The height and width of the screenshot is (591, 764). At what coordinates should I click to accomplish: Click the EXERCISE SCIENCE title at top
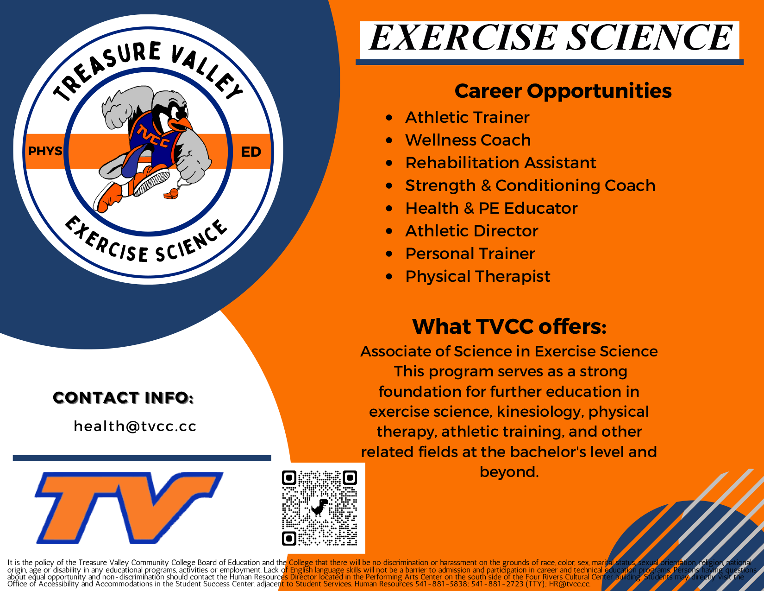click(550, 38)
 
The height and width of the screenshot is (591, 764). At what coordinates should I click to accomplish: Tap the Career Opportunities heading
click(563, 91)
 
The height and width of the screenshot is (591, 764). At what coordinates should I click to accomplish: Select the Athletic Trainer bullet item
click(467, 118)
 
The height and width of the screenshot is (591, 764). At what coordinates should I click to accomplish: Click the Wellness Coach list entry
click(468, 140)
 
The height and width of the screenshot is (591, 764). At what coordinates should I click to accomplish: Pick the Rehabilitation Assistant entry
click(500, 163)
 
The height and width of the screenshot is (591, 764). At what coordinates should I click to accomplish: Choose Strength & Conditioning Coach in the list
click(530, 186)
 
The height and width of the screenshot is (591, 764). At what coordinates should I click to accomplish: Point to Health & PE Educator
click(491, 209)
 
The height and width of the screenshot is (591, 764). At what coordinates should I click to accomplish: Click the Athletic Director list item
click(471, 231)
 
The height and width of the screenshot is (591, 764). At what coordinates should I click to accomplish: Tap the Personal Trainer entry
click(470, 254)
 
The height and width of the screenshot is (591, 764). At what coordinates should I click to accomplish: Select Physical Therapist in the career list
click(477, 277)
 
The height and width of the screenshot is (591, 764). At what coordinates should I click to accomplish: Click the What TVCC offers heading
click(509, 327)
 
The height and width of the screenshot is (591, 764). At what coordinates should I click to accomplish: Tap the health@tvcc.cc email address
click(135, 426)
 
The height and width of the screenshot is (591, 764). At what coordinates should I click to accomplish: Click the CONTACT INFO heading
click(123, 398)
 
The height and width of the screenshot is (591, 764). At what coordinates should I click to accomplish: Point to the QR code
click(319, 508)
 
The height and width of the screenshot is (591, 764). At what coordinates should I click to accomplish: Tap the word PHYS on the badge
click(45, 152)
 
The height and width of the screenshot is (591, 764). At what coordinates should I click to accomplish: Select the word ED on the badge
click(251, 152)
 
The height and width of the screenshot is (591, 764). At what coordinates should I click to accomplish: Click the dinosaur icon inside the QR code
click(319, 508)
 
